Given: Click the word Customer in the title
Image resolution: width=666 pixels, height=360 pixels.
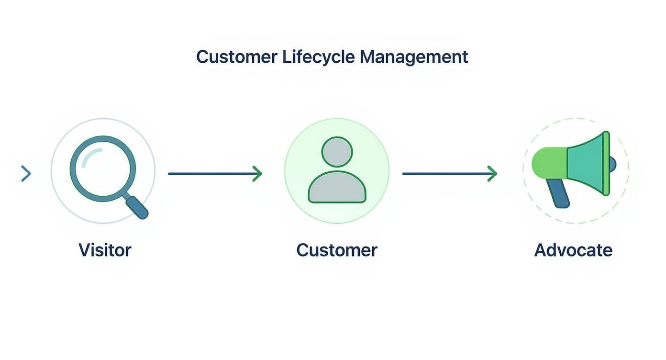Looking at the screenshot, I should pos(236,57).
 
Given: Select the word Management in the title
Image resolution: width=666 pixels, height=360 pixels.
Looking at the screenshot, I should pos(413,57).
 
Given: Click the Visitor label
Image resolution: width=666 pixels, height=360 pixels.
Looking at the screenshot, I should pos(105,250).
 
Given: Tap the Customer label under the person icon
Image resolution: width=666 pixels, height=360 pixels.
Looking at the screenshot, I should pos(337,250).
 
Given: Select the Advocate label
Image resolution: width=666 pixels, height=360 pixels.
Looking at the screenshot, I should pos(573,250).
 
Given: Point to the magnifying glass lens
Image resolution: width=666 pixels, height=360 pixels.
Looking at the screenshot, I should pos(103,169).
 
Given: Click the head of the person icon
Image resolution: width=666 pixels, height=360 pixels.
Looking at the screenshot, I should pos(337,152).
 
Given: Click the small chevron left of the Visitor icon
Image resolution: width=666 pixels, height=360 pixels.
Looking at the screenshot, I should pos(26,173).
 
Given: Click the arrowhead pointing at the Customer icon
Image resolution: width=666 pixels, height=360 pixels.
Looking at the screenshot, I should pos(257,173).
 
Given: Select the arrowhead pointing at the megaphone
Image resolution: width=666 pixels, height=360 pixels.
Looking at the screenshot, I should pos(492,173).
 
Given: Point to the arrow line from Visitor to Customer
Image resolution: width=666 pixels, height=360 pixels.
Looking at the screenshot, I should pos(211,173).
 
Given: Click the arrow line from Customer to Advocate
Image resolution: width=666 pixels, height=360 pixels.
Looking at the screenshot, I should pos(445,173).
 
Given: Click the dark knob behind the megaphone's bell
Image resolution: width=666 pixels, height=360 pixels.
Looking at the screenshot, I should pos(613,164).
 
